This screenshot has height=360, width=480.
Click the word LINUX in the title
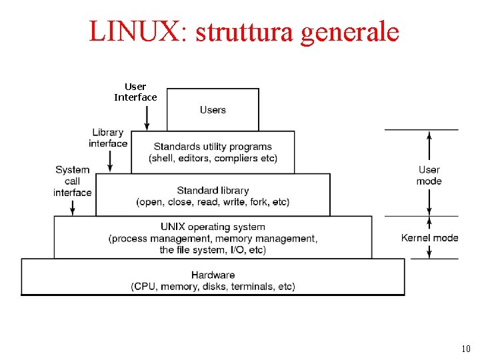[x=133, y=31]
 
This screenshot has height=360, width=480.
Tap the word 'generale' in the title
[x=350, y=31]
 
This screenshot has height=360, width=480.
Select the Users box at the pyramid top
[x=213, y=110]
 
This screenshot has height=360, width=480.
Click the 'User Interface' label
[x=135, y=92]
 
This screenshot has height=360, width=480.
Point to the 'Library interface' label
[x=108, y=138]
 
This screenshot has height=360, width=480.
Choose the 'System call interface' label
[x=73, y=181]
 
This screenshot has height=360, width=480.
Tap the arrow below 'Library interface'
[x=111, y=160]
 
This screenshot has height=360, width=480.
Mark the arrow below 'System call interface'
[x=73, y=206]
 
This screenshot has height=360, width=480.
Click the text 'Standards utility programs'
[x=213, y=147]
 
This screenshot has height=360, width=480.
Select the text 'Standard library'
[x=213, y=191]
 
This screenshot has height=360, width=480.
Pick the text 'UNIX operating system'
[x=213, y=227]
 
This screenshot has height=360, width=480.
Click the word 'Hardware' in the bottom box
[x=213, y=275]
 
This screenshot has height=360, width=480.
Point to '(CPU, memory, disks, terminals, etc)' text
[x=213, y=287]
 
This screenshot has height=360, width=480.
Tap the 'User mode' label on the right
[x=429, y=175]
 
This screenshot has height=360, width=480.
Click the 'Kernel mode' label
[x=429, y=237]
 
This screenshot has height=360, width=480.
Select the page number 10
[x=465, y=349]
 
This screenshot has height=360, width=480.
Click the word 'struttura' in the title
[x=244, y=31]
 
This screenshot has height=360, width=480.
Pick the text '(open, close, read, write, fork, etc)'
[x=213, y=202]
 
